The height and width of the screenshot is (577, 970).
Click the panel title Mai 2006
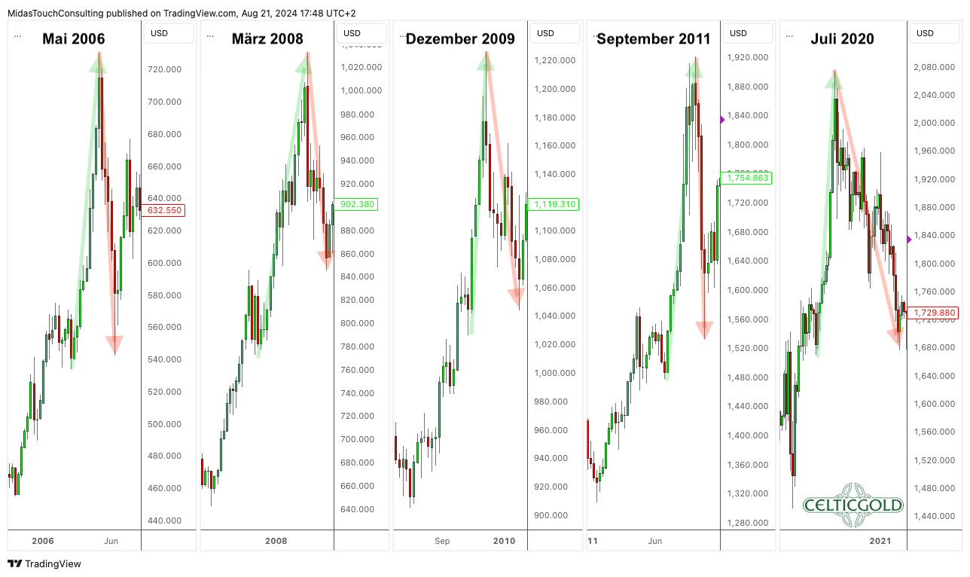(73, 38)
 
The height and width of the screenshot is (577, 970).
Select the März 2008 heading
(267, 38)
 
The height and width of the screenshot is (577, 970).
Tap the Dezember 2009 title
(460, 38)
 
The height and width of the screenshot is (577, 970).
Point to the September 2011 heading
(652, 38)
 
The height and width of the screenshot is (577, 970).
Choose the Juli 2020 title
(842, 38)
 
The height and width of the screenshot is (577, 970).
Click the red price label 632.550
(163, 210)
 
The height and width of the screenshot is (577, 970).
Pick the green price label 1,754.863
(747, 178)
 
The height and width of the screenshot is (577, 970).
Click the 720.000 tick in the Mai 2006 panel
(164, 69)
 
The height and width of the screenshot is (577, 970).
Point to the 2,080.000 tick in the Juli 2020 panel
(935, 67)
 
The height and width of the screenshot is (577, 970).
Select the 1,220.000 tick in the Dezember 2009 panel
(555, 60)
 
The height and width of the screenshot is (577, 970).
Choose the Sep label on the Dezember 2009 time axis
(442, 541)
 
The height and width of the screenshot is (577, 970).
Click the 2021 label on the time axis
(880, 541)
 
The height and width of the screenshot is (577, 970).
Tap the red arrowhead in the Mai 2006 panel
(114, 344)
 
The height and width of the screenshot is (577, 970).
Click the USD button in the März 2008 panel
(352, 33)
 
